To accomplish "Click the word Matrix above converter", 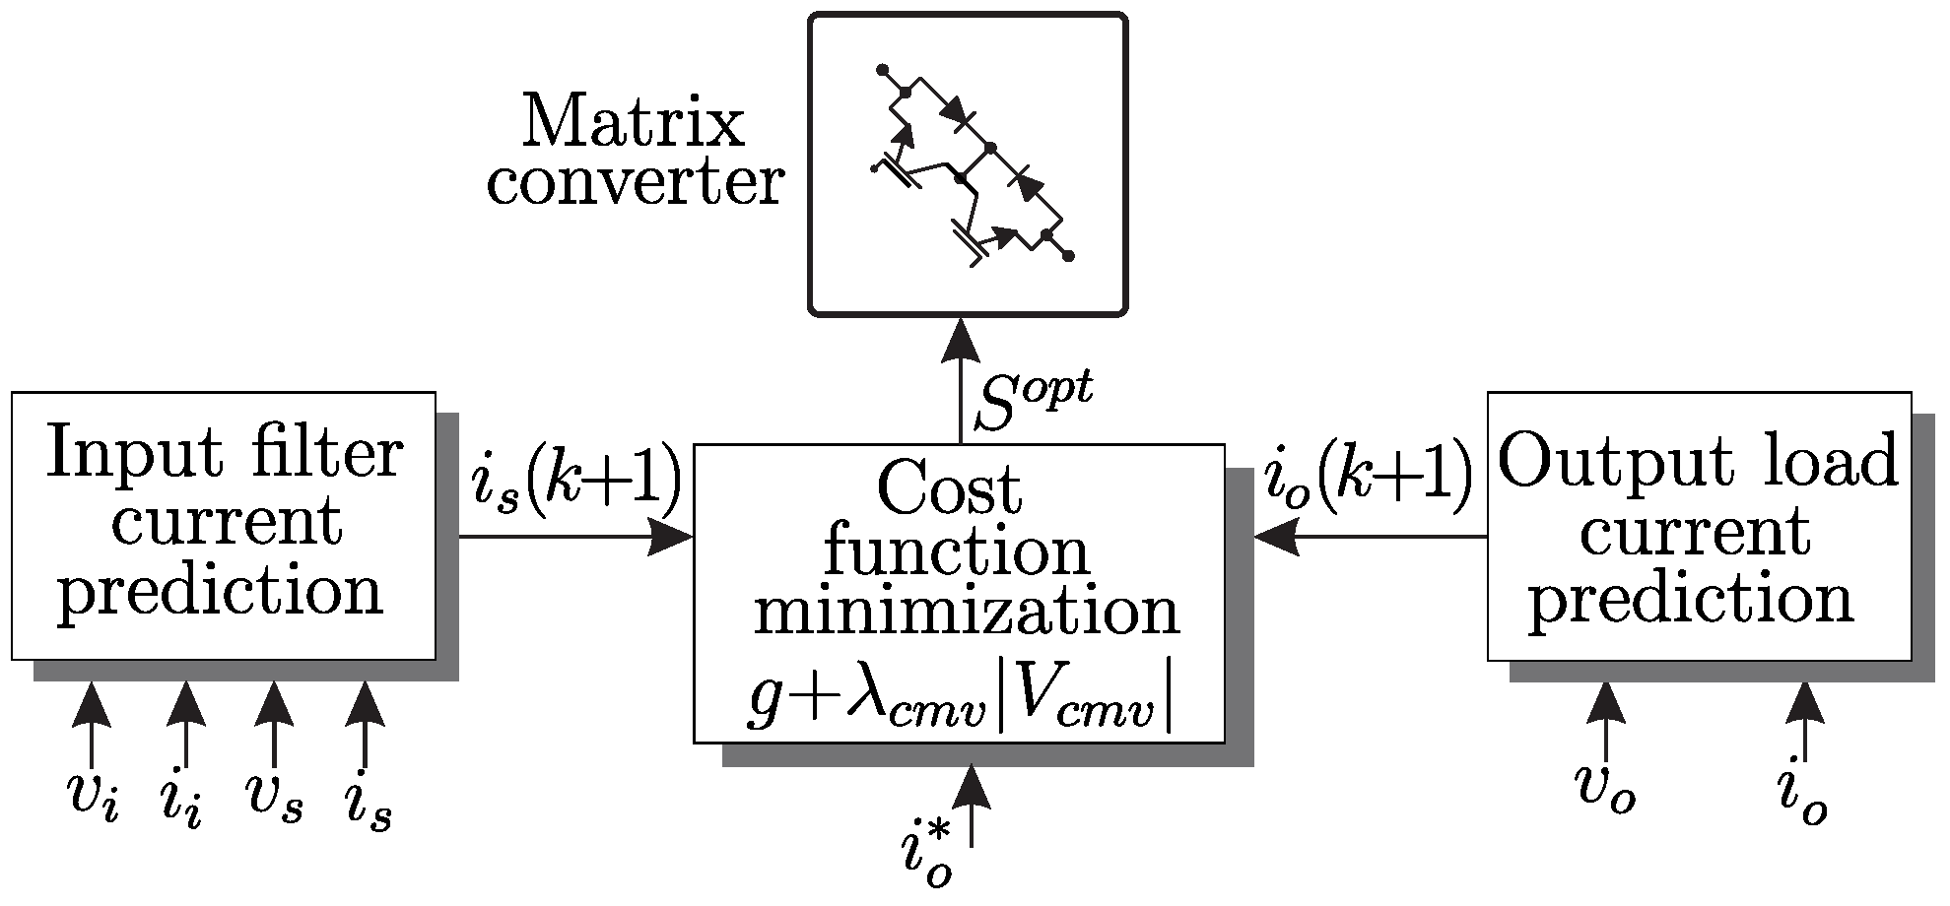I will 634,124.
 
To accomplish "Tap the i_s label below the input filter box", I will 367,803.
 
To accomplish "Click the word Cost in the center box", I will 949,489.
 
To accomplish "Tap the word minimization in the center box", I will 967,613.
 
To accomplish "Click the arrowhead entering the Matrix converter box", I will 961,340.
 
